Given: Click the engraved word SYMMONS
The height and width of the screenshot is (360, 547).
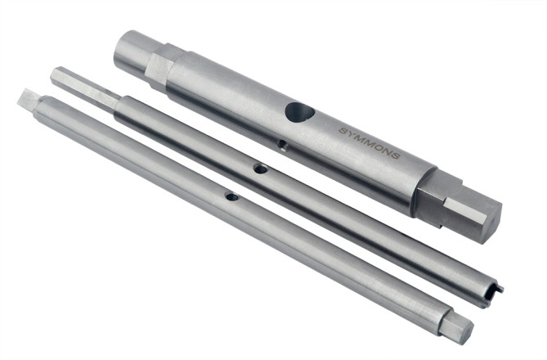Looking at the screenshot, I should point(369,142).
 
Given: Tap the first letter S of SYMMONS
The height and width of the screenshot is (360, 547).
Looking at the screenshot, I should point(343,130).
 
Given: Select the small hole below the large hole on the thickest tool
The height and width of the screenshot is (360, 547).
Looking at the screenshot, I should point(281,146).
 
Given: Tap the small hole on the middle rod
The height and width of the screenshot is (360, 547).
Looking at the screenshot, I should point(259,169).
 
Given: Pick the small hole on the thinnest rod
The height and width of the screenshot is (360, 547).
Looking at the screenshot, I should point(231,196).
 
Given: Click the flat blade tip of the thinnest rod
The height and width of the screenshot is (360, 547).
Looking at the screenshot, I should point(27,99).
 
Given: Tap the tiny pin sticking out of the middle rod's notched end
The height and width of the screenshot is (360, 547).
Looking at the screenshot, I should point(500,287).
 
